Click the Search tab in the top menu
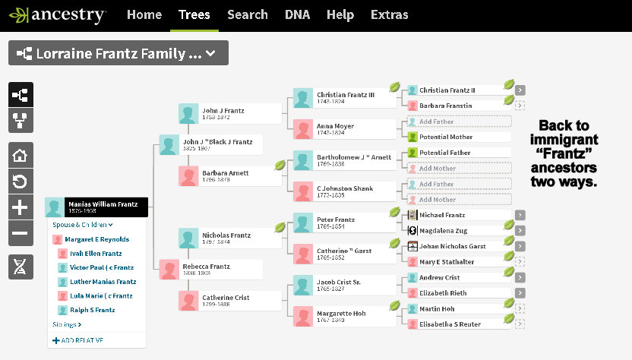[247, 14]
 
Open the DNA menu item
[297, 14]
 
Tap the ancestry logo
[58, 14]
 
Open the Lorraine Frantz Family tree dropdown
[118, 53]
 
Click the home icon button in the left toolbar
[20, 155]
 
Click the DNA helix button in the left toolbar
[20, 267]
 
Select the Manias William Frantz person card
[97, 207]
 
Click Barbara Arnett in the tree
[229, 176]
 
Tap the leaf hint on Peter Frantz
[394, 213]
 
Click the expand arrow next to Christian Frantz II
[520, 90]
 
